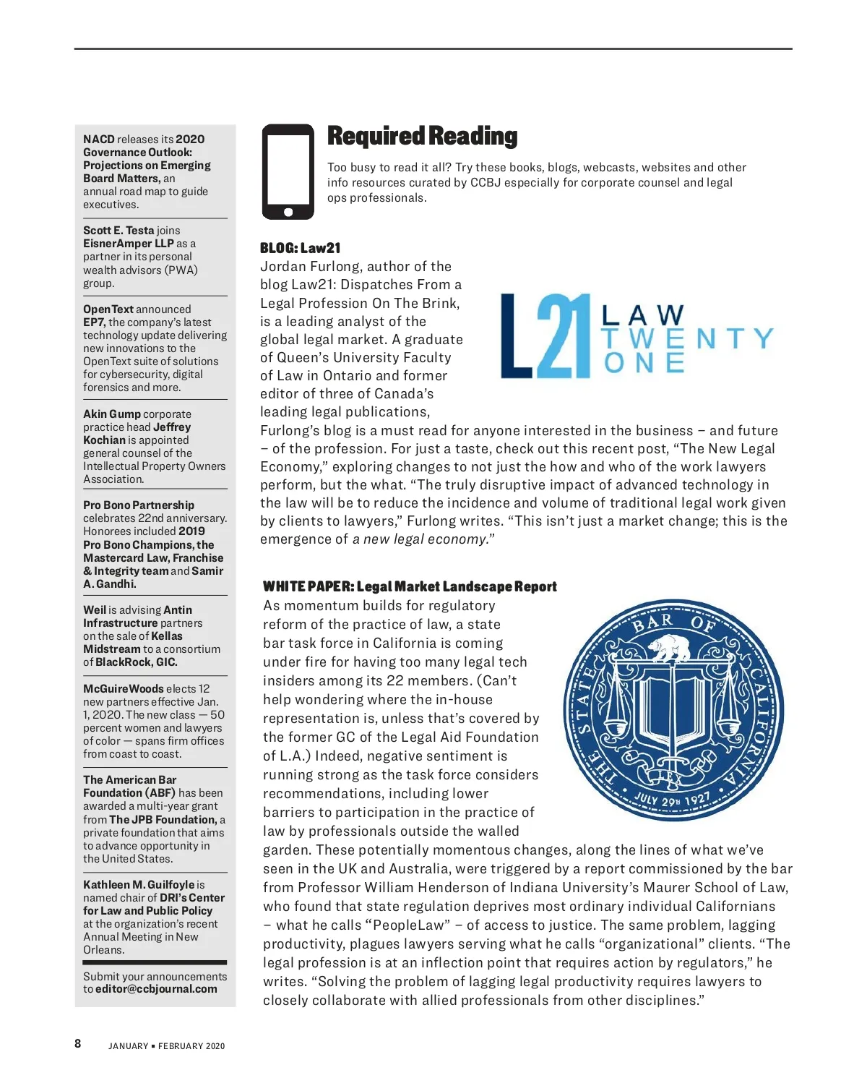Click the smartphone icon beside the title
click(288, 172)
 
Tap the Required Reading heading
click(422, 136)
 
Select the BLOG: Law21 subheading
click(300, 248)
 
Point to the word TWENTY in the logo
click(687, 338)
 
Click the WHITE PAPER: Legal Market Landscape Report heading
click(410, 586)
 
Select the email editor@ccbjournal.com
click(156, 989)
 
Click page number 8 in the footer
click(78, 1043)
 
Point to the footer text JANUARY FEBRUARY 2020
click(167, 1046)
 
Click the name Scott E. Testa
click(118, 231)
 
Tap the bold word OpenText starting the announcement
click(108, 309)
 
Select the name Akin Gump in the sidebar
click(112, 414)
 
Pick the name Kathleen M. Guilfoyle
click(139, 885)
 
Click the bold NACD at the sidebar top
click(99, 140)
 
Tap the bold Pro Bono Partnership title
click(139, 505)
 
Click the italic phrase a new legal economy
click(419, 539)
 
